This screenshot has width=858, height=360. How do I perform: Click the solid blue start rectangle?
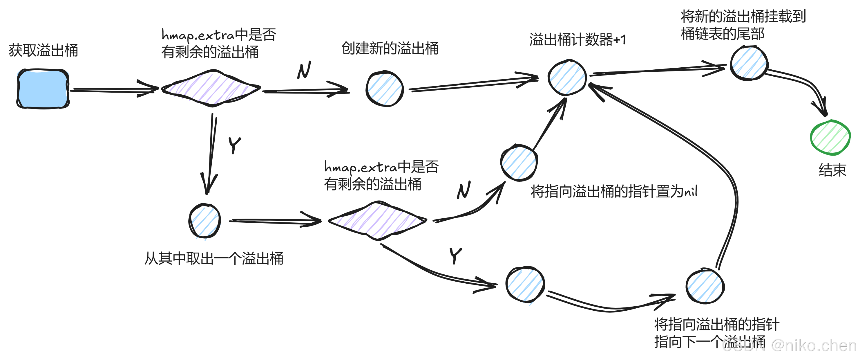tap(43, 89)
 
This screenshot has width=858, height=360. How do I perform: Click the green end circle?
tap(830, 137)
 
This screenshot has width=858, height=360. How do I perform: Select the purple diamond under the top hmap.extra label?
tap(211, 88)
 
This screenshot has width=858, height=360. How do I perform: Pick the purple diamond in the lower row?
tap(377, 220)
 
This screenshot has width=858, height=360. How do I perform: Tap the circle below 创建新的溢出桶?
tap(385, 89)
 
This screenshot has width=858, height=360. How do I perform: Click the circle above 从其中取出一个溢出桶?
tap(204, 220)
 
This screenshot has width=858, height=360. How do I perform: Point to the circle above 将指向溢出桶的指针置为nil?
tap(519, 163)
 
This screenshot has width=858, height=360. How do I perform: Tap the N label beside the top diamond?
tap(304, 70)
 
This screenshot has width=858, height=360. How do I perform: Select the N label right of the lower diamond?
tap(464, 190)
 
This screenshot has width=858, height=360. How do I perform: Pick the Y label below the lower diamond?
tap(456, 255)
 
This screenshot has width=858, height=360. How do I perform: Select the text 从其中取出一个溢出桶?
tap(214, 259)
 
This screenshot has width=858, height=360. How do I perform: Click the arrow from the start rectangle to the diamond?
tap(113, 90)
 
